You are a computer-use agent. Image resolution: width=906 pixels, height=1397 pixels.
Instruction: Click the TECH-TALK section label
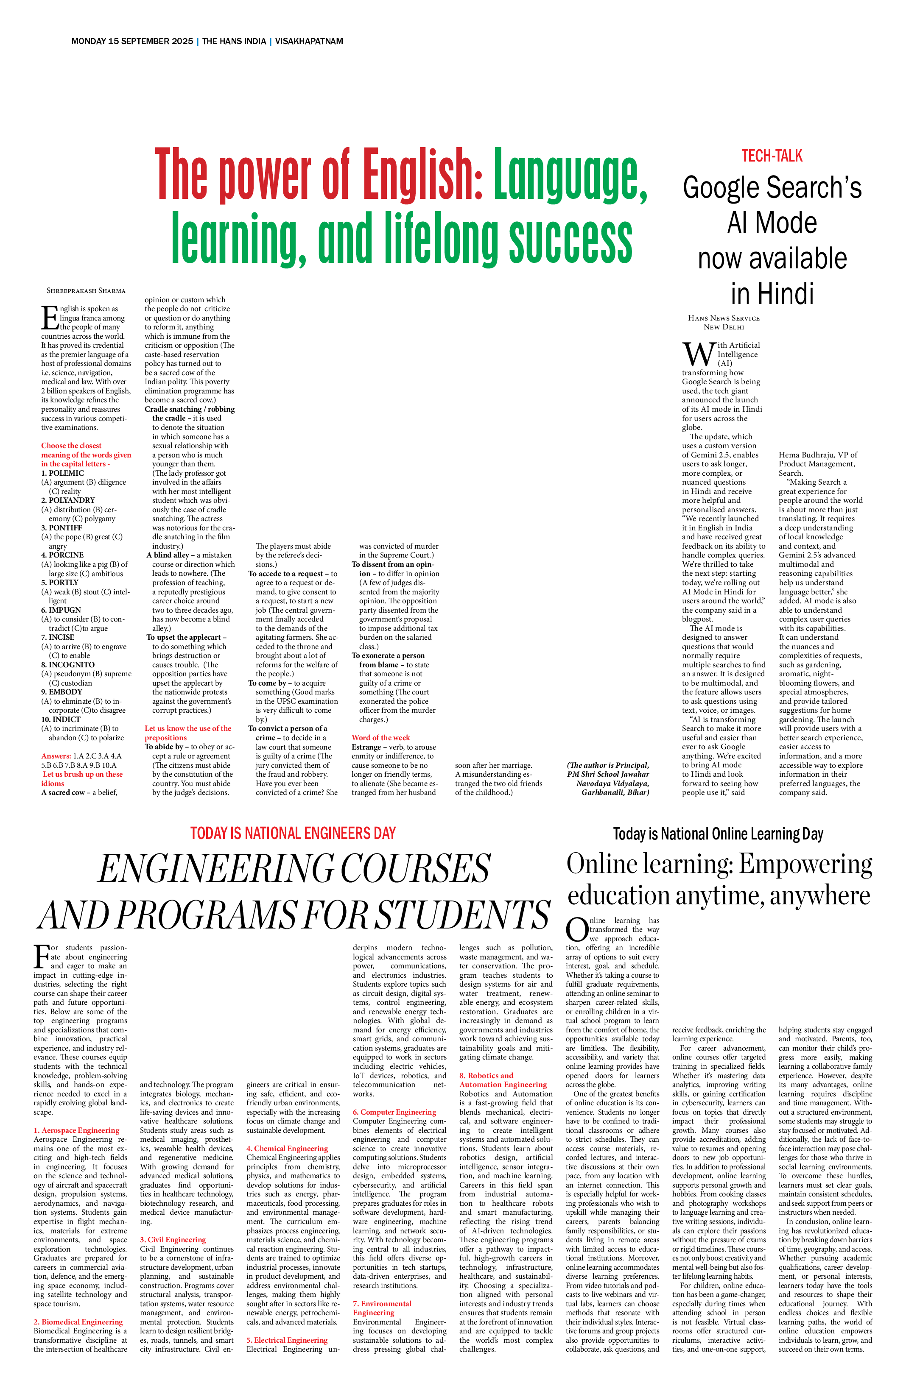coord(772,156)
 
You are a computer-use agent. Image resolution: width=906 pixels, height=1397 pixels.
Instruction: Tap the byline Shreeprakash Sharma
coord(86,290)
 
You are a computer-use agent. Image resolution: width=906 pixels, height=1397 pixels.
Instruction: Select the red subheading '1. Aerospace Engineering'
coord(76,1130)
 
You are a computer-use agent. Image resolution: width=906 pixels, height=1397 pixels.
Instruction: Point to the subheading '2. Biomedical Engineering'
coord(78,1322)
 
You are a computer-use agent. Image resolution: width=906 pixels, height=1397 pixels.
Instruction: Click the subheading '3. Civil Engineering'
coord(173,1240)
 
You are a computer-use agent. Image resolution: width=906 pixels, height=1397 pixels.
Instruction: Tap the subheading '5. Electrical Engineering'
coord(287,1340)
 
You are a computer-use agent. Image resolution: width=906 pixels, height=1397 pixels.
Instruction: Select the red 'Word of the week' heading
coord(380,738)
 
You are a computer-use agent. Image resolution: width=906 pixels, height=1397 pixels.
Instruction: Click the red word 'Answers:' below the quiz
coord(56,756)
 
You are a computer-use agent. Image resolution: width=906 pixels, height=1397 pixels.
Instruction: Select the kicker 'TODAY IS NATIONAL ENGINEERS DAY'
coord(293,833)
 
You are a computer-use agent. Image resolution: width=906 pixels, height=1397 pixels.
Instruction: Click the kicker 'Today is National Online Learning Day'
coord(718,834)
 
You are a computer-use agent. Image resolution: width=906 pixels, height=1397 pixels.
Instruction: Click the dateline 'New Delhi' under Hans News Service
coord(723,327)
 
